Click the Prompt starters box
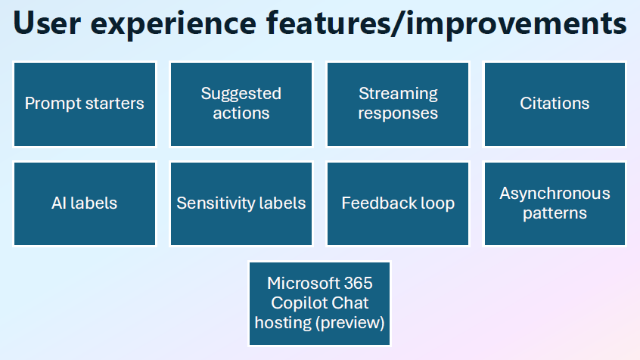85,104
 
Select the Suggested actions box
241,104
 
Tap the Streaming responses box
398,104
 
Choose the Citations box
555,104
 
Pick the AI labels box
85,203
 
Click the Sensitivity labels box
241,203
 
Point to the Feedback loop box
398,203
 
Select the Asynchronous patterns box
555,203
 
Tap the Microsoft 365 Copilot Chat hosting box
319,304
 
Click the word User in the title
47,23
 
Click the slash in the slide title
398,24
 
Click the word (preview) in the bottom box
350,323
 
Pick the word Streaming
398,95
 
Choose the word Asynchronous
555,194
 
